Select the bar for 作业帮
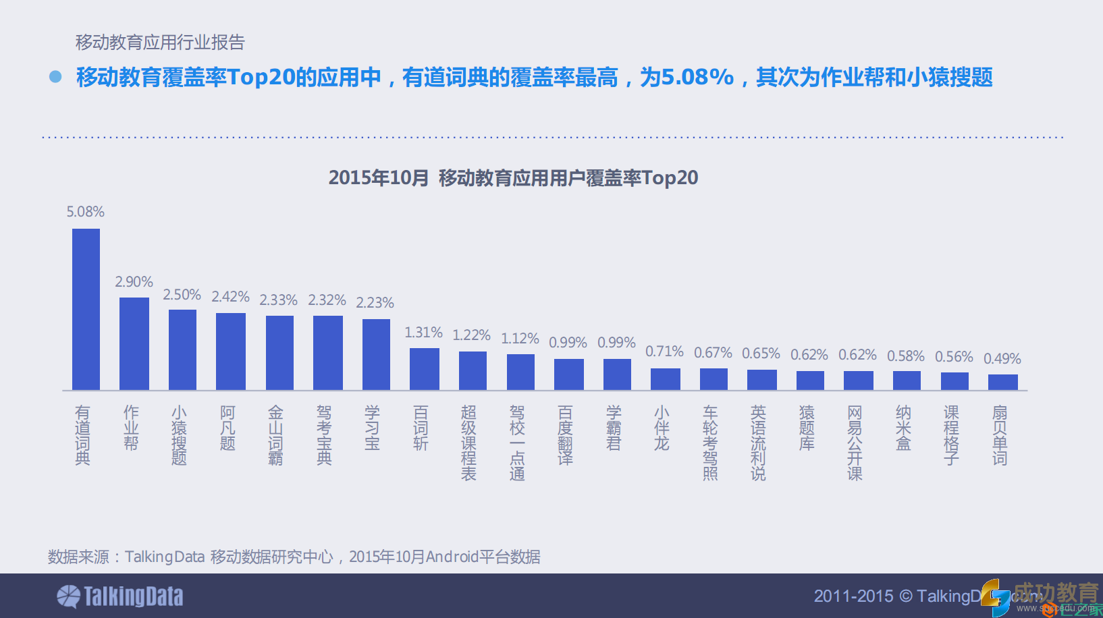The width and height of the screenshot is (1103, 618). [134, 343]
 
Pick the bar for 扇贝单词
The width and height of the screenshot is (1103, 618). [1002, 382]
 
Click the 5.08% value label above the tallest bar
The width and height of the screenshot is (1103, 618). [85, 212]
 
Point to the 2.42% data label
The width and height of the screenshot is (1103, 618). [230, 297]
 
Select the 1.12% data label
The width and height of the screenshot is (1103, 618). [520, 339]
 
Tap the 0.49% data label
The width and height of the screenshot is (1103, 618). [1002, 359]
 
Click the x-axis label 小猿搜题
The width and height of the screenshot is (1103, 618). [179, 435]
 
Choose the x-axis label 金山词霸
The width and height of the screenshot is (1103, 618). [275, 435]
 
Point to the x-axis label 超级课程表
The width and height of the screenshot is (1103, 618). [468, 443]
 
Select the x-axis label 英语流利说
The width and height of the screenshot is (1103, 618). [758, 443]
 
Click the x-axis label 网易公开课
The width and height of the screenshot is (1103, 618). [855, 443]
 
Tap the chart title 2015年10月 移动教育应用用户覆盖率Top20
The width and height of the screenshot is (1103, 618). [513, 178]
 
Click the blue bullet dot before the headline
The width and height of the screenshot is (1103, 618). [55, 77]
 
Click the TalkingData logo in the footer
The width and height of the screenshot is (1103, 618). [120, 596]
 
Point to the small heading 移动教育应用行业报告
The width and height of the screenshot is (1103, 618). [160, 43]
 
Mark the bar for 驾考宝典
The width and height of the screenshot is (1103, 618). [327, 352]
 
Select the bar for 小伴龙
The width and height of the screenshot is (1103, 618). [665, 378]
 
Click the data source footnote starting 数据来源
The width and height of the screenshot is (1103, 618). [294, 557]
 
